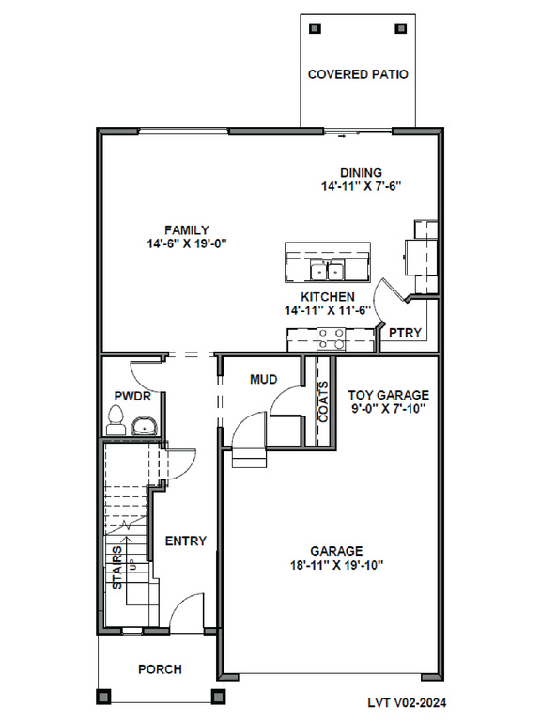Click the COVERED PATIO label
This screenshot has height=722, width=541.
pos(358,74)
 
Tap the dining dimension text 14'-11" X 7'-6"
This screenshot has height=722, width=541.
pos(361,186)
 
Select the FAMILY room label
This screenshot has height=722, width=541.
pos(187,229)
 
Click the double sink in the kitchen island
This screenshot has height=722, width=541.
pos(327,271)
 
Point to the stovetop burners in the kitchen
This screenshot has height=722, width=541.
pos(332,338)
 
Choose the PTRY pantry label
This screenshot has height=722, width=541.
pos(406,333)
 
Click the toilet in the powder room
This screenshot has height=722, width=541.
pos(116,420)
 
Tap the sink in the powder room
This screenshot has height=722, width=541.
pos(145,427)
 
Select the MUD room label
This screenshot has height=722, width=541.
pos(264,380)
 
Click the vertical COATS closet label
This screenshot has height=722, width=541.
pos(323,401)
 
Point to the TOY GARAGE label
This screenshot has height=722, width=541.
pos(388,395)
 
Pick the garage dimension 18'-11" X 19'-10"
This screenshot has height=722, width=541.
pos(337,565)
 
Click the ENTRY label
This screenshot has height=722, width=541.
pos(186,541)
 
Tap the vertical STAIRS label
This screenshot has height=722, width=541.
pos(117,567)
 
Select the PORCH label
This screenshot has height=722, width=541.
pos(160,669)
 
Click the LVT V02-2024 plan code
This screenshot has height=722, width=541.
pos(407,702)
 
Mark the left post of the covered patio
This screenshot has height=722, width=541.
pos(316,28)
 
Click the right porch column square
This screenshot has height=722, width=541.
pos(217,696)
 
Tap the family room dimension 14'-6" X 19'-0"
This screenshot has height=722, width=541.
pos(187,243)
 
